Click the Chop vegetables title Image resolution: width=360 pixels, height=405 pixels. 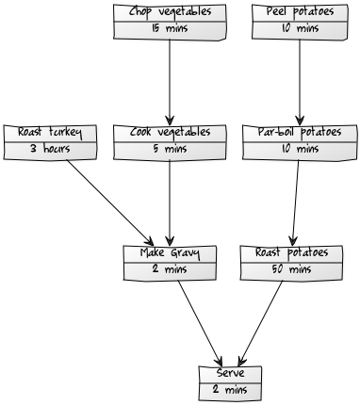[170, 12]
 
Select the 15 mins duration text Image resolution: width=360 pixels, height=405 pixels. [170, 28]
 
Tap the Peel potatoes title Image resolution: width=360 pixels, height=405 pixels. [300, 12]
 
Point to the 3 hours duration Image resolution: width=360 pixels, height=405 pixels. [50, 149]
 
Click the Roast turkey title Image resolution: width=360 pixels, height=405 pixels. [50, 132]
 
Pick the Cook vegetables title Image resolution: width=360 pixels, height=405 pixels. [170, 132]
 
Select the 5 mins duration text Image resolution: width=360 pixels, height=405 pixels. [170, 149]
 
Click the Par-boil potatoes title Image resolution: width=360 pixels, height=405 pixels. [300, 132]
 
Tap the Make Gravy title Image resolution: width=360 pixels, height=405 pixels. [170, 252]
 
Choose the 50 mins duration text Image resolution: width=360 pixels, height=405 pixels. [291, 269]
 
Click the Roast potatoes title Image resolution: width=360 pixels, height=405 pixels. [291, 252]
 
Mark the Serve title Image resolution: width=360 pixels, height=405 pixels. [230, 373]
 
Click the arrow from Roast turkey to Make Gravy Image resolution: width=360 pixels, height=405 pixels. [109, 202]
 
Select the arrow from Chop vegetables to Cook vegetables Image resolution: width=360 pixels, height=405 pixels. [170, 82]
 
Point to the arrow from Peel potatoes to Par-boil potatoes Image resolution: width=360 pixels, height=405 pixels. [300, 82]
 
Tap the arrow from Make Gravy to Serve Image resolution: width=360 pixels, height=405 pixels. [200, 323]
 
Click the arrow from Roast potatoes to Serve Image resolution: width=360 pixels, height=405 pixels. [260, 323]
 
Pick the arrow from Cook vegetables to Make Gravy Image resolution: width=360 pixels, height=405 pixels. [170, 202]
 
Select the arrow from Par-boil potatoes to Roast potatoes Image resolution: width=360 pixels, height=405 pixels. [296, 202]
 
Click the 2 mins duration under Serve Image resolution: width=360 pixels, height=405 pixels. [230, 390]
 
